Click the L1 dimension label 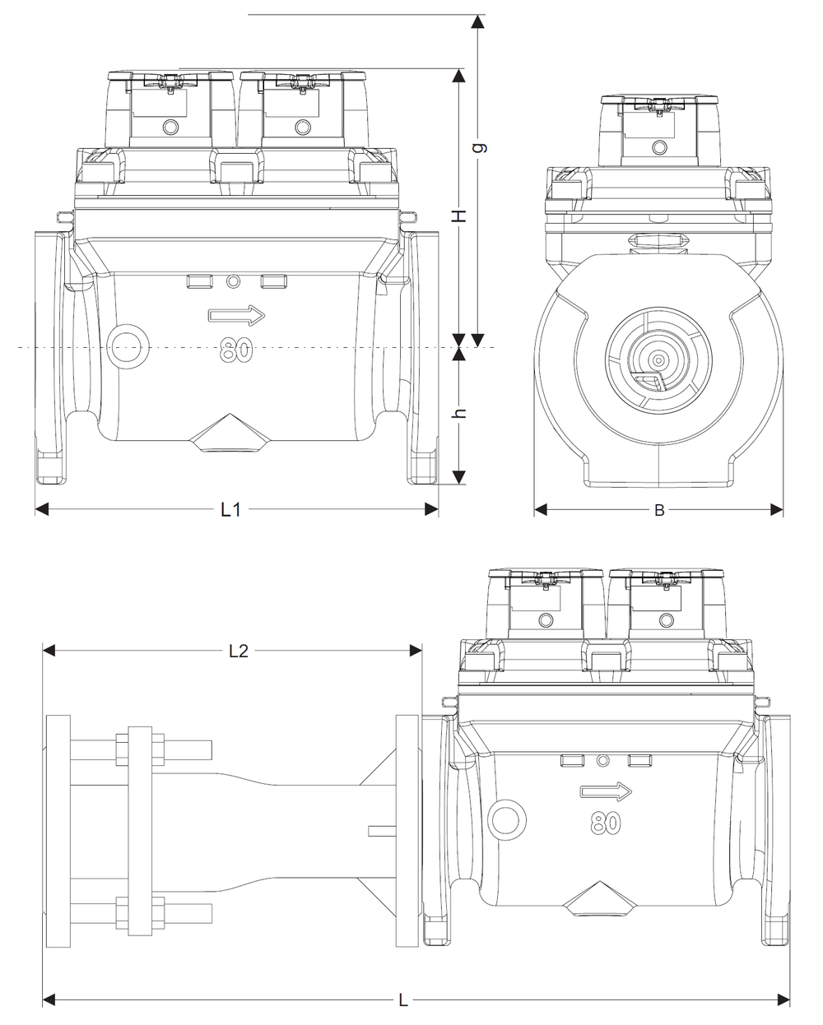coord(230,510)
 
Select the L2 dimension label coord(239,651)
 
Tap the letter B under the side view coord(659,511)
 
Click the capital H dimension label coord(459,216)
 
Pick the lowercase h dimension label coord(459,414)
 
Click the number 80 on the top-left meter coord(236,350)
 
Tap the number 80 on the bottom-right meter coord(606,823)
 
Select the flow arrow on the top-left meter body coord(236,315)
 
